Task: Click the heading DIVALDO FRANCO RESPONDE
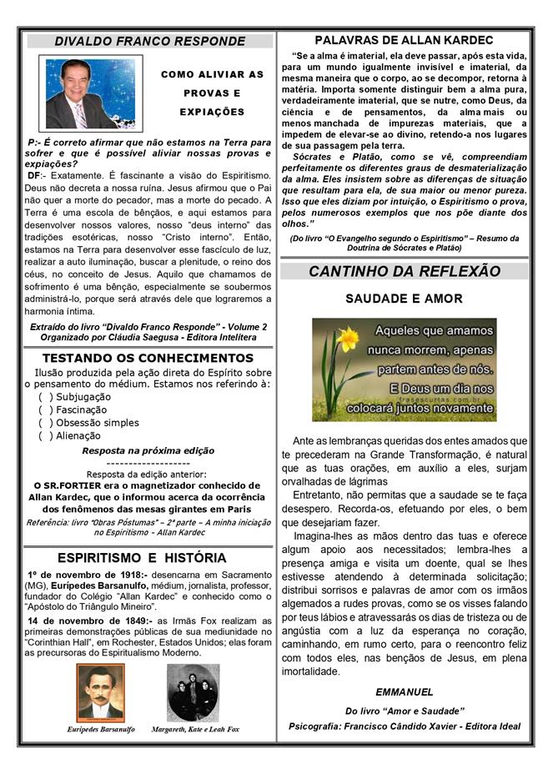tap(150, 42)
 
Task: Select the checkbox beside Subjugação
tap(45, 397)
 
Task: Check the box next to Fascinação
tap(45, 410)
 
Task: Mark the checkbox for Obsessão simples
tap(45, 423)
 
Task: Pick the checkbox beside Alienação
tap(45, 435)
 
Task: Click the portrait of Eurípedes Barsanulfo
tap(100, 692)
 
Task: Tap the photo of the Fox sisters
tap(194, 692)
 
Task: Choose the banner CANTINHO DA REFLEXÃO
tap(405, 272)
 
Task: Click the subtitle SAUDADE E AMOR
tap(405, 298)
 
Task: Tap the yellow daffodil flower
tap(343, 341)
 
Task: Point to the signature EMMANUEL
tap(404, 692)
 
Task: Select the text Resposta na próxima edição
tap(149, 450)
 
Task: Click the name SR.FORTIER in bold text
tap(67, 485)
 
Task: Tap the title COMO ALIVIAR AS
tap(212, 74)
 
